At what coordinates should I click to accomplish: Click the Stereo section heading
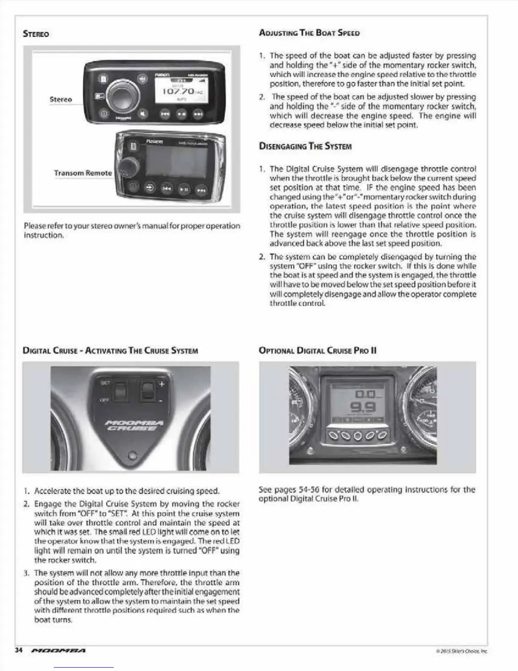[36, 34]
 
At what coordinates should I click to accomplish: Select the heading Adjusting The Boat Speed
[309, 33]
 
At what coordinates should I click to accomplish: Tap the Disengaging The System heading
[305, 147]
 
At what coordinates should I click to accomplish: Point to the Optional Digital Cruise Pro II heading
[317, 350]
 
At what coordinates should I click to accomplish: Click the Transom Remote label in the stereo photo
[83, 173]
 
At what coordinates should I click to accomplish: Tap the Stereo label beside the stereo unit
[61, 99]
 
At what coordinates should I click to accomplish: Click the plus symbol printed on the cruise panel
[161, 384]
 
